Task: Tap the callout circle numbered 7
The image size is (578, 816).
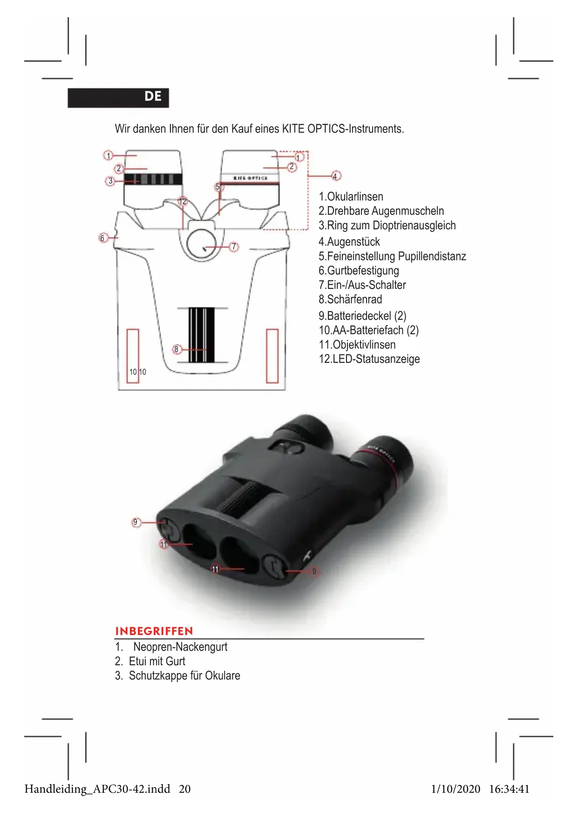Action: (234, 247)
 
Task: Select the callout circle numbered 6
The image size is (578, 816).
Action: (103, 238)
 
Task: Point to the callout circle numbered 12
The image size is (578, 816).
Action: (183, 201)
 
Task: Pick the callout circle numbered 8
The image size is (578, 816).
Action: (177, 349)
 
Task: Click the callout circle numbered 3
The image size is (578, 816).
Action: (110, 181)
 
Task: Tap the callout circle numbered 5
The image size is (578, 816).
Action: (218, 187)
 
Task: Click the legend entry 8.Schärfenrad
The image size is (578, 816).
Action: (350, 299)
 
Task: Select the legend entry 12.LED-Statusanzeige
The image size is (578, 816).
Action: (369, 359)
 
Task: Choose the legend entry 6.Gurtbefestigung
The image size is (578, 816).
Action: (359, 270)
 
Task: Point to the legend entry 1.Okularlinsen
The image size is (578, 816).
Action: (351, 196)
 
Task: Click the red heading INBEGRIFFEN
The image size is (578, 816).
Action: (154, 631)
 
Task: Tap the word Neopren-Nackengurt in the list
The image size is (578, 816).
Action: (180, 647)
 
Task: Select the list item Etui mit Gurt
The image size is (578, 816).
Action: (156, 661)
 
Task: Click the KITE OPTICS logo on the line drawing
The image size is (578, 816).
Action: (251, 178)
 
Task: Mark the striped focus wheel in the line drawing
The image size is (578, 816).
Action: (202, 334)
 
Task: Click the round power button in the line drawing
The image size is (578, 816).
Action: (201, 244)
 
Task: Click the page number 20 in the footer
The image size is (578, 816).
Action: (185, 789)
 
